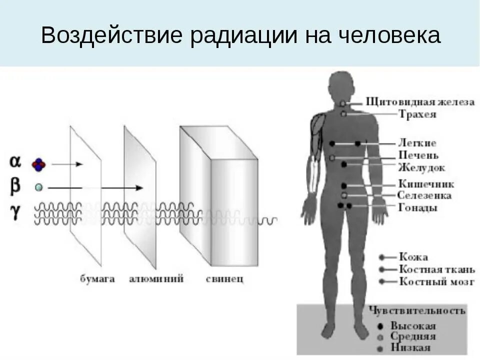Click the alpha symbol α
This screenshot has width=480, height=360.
15,161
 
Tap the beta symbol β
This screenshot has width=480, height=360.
15,186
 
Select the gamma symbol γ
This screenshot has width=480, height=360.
15,212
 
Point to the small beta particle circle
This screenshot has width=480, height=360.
38,187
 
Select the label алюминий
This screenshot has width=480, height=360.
156,278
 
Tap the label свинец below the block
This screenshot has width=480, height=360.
224,278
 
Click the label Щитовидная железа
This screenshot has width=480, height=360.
420,102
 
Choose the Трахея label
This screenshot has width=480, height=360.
417,114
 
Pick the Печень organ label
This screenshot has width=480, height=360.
418,155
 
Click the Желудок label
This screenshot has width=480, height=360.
421,167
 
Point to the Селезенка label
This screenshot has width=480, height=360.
424,195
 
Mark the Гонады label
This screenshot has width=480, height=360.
418,207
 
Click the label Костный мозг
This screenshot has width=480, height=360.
436,281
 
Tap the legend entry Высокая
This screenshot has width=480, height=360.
413,326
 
